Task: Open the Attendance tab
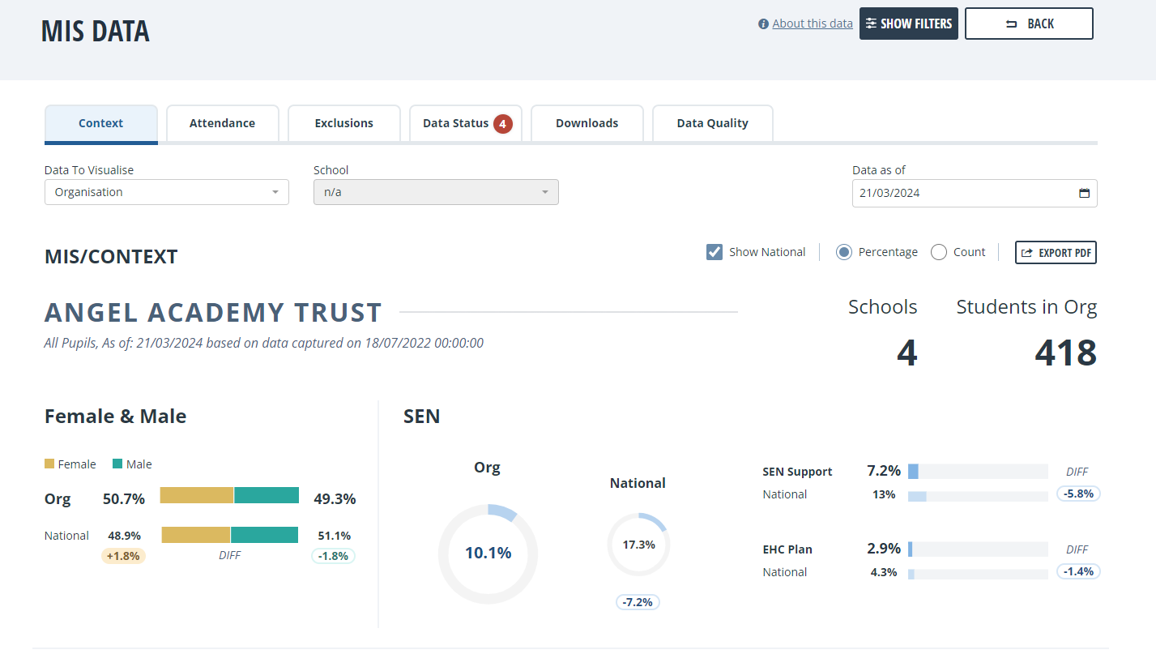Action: [222, 123]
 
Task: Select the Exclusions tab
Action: [343, 123]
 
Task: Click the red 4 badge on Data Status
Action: [502, 124]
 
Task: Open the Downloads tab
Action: [587, 123]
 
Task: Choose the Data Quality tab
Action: [712, 123]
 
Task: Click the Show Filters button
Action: [908, 24]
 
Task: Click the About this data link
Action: [813, 24]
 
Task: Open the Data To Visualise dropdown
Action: [167, 192]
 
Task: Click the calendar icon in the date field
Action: [1084, 193]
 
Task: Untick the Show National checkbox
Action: [715, 252]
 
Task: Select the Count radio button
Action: [939, 252]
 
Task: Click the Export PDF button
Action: [1056, 252]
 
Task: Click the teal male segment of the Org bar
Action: [267, 495]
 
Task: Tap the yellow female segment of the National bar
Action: [195, 535]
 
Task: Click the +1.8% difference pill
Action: [123, 556]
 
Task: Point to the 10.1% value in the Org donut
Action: [488, 553]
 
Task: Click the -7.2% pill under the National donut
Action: [638, 602]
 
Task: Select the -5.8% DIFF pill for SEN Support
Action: [1078, 494]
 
